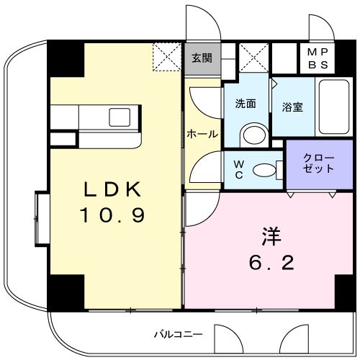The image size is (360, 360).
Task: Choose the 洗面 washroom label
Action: click(x=245, y=103)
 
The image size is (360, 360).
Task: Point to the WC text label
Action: click(x=238, y=169)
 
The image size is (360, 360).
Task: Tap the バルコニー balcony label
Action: click(x=178, y=334)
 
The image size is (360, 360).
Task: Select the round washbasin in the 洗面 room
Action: click(x=252, y=134)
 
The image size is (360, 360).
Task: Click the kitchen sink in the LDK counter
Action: click(x=118, y=116)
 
